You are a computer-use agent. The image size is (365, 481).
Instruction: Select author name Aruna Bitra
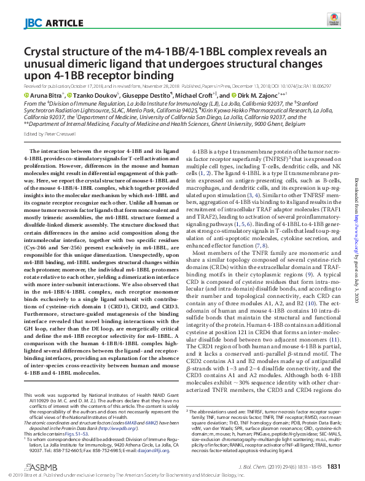pyautogui.click(x=47, y=96)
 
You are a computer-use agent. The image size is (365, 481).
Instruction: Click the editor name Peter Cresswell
pyautogui.click(x=58, y=133)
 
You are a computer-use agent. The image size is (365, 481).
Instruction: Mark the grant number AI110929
pyautogui.click(x=33, y=382)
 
